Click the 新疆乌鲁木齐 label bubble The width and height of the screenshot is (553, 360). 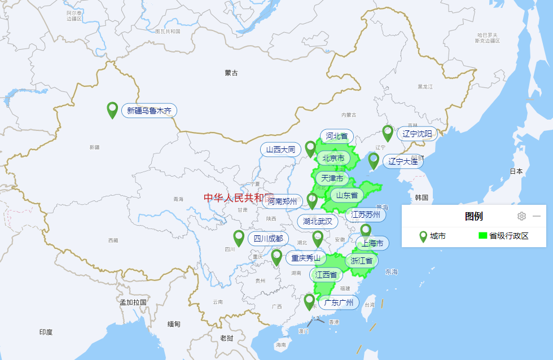pos(149,111)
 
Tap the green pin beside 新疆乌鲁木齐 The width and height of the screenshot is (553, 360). pos(112,109)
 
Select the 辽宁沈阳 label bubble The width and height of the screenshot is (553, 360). pos(418,134)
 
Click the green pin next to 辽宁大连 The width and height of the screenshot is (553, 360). pos(374,160)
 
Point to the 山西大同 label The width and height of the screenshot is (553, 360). pos(281,150)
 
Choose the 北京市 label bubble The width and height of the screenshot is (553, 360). pos(333,159)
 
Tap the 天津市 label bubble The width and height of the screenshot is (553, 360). pos(333,178)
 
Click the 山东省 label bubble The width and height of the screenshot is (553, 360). pos(347,196)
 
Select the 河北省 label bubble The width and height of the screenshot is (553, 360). pos(337,136)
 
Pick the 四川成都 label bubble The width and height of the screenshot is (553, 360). pos(268,238)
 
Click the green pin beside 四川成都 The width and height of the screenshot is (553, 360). pos(239,238)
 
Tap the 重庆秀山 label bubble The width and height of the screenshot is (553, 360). pos(306,258)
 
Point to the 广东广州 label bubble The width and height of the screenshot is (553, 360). pos(339,302)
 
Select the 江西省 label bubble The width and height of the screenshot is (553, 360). pos(326,275)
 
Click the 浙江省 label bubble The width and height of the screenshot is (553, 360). pos(362,260)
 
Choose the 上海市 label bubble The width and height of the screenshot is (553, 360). pos(372,243)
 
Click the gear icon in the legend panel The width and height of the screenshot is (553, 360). pos(522,216)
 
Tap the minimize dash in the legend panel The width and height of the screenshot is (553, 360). pos(537,216)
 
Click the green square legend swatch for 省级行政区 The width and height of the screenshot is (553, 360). pos(482,236)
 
